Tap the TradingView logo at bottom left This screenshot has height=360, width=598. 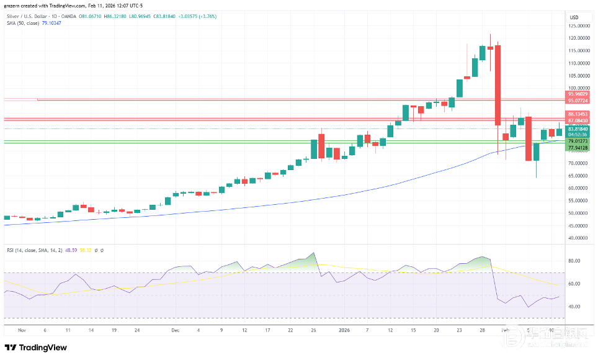point(35,348)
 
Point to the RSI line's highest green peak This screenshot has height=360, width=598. point(314,253)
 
